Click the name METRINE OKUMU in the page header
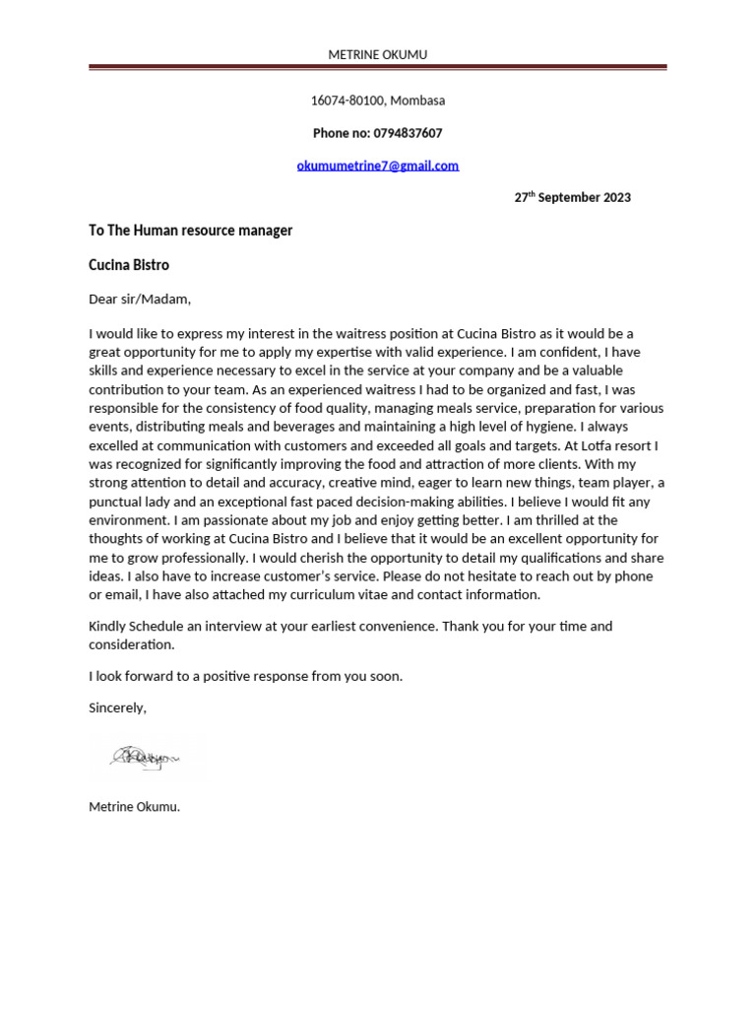377,54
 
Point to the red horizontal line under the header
377,68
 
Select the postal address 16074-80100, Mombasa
377,101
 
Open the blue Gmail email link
377,166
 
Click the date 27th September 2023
572,197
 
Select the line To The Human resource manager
190,231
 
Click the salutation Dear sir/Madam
140,299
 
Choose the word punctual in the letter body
118,502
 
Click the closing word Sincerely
117,707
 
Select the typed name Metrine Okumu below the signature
134,807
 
